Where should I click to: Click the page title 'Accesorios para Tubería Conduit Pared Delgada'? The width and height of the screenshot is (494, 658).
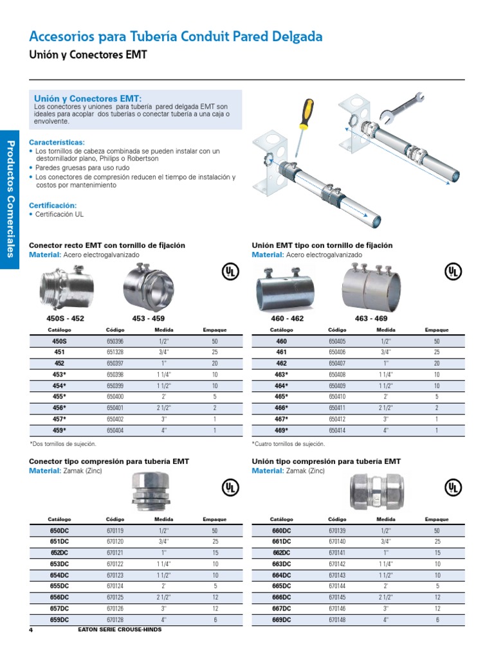[x=176, y=37]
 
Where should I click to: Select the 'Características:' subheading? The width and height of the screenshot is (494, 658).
[x=57, y=143]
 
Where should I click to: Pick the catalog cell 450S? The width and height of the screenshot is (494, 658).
[x=59, y=341]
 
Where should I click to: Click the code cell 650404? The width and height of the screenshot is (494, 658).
[x=115, y=430]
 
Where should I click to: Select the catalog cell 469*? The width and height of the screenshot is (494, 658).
[x=281, y=430]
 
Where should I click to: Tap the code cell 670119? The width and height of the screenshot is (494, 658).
[x=115, y=531]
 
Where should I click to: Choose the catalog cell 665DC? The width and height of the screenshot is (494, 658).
[x=281, y=586]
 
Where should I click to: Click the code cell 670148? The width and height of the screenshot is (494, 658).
[x=337, y=619]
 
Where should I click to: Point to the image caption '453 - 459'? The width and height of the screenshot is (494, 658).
[x=148, y=318]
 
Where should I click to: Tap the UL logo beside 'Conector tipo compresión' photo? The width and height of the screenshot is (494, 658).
[x=230, y=488]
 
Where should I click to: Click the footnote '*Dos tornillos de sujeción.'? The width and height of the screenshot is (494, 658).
[x=63, y=443]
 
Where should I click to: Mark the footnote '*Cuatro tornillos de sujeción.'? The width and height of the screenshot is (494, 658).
[x=288, y=443]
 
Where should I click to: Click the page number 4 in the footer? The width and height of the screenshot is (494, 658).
[x=30, y=630]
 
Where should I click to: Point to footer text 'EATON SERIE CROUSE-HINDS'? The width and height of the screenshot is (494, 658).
[x=120, y=630]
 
